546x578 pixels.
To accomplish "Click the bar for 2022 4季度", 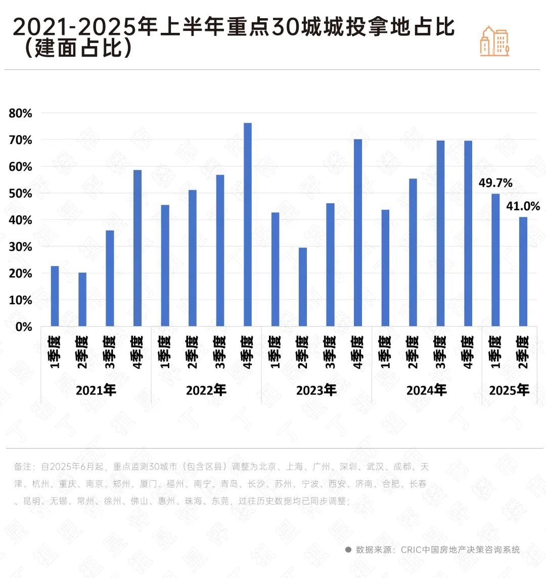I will (248, 225).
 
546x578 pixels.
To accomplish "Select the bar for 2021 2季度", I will (82, 299).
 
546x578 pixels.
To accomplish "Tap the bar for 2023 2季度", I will (303, 287).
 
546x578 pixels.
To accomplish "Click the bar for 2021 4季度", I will (138, 248).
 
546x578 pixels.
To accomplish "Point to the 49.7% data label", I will (495, 183).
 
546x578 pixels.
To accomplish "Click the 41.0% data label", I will (523, 206).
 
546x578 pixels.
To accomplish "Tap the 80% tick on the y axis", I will (20, 113).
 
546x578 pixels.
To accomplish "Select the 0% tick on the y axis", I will (23, 327).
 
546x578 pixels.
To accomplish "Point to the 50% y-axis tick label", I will (20, 194).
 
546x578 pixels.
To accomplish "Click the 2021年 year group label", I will (96, 390).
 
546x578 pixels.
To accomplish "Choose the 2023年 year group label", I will (316, 390).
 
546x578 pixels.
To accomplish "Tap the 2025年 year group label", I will (509, 390).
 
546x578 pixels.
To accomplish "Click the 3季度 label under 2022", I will (220, 351).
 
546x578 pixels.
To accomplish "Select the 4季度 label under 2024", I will (468, 351).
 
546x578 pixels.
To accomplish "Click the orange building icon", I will (494, 41).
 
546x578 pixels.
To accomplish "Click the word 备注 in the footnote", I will (23, 466).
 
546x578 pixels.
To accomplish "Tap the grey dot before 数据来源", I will (348, 550).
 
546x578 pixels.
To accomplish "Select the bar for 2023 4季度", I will (358, 233).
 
